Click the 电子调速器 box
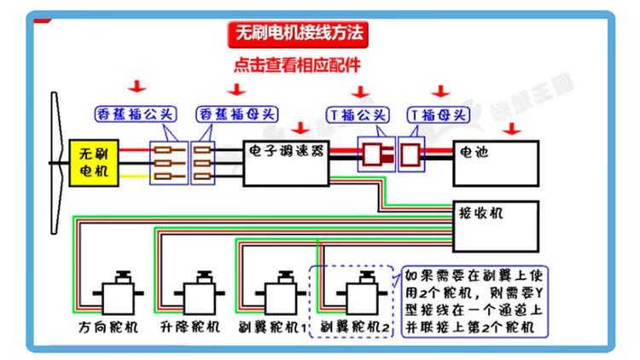(287, 161)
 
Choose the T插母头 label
(439, 113)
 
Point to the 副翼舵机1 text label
(275, 327)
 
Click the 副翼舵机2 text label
(357, 327)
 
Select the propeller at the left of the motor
(56, 158)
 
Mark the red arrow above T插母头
(440, 90)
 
